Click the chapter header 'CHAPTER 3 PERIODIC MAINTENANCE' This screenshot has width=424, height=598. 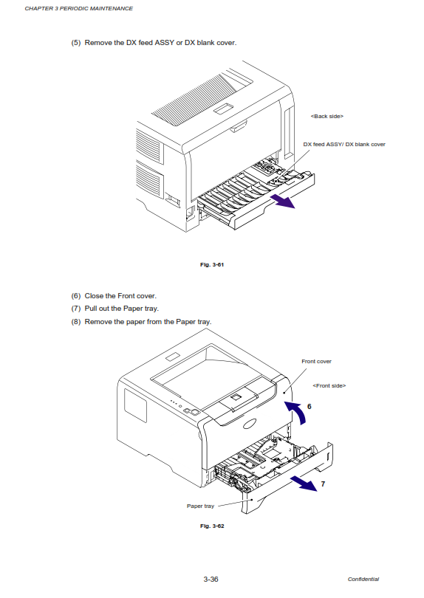coord(78,8)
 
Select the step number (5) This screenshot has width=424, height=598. coord(76,43)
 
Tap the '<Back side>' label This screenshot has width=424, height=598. coord(327,117)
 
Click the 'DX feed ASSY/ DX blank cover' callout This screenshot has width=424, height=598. coord(344,144)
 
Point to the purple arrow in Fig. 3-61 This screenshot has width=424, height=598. coord(282,201)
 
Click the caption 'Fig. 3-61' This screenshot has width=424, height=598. coord(212,264)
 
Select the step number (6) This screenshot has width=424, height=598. coord(76,296)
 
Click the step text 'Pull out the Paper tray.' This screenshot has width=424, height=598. coord(121,309)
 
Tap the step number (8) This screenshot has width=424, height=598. coord(76,322)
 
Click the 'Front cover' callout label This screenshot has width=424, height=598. coord(316,361)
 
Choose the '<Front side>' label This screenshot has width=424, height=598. coord(329,385)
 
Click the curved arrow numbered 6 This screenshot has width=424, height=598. coord(301,410)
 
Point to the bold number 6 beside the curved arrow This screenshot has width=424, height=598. coord(309,407)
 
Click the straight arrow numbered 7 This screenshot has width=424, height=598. coord(304,484)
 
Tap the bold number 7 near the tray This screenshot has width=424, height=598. coord(323,484)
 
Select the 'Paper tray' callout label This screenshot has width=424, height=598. coord(200,506)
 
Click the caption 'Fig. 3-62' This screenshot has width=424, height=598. coord(212,526)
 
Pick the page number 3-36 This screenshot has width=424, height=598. coord(211,579)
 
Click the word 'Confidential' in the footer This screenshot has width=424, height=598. coord(363,579)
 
